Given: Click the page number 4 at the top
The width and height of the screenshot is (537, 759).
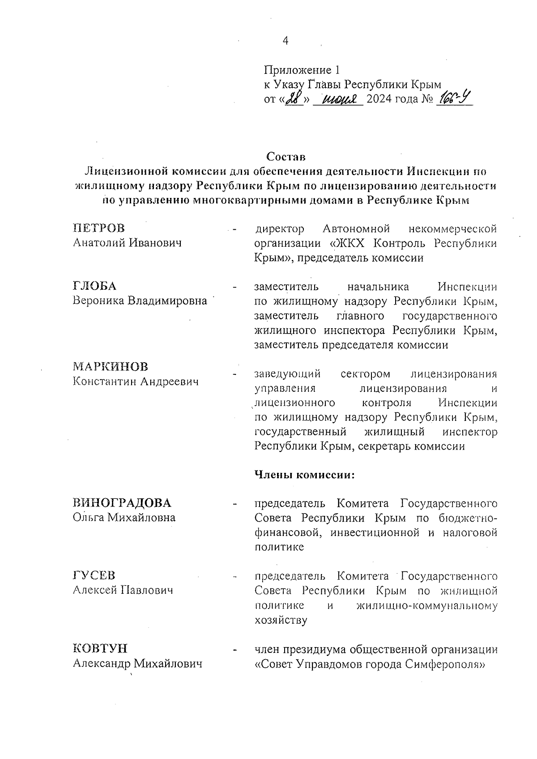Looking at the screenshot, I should point(286,41).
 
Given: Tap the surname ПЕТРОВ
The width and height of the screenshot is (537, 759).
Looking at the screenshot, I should point(99,228).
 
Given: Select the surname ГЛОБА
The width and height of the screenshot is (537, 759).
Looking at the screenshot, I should point(94,286).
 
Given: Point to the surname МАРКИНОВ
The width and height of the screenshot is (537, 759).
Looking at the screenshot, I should point(111,367).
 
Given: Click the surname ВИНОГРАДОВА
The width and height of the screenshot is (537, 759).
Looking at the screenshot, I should point(122,503).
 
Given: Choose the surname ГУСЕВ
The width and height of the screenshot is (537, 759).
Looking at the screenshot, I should point(94,575).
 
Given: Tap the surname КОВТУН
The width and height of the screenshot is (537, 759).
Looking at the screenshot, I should point(100,648).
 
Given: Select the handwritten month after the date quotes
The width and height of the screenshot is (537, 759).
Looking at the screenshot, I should point(338,99).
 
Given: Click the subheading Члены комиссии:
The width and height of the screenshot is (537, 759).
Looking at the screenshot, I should point(304,475).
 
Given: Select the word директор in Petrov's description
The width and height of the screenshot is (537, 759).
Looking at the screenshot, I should point(279,229).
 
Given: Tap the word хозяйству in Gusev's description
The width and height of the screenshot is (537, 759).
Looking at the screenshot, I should point(281,621).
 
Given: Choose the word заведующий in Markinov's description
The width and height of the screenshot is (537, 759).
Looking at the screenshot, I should point(288,374).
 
